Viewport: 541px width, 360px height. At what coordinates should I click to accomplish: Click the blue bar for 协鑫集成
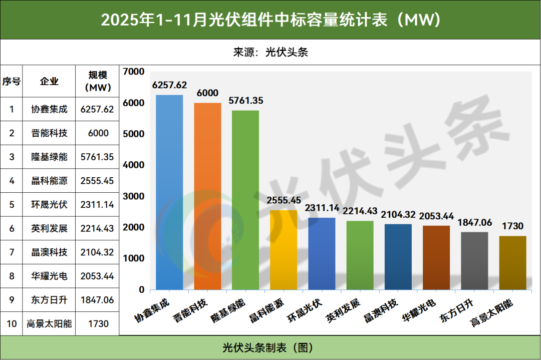169,192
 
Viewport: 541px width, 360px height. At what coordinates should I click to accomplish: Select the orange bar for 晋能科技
207,196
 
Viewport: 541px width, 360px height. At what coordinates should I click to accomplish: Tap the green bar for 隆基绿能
245,200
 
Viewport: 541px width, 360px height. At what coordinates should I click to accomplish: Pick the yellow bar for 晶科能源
284,250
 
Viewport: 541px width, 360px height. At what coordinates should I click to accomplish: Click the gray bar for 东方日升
474,261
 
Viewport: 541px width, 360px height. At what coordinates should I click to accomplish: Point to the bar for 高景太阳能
512,263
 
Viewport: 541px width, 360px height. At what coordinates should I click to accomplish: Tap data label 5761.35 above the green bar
245,101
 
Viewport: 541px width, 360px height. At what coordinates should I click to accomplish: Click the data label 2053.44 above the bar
436,216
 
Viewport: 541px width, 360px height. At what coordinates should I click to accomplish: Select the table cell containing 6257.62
97,109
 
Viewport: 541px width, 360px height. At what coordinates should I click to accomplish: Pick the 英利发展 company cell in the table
49,228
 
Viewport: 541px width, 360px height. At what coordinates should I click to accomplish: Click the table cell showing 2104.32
97,252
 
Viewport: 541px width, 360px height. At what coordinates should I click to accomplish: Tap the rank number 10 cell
12,323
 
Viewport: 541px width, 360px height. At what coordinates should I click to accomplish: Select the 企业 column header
49,81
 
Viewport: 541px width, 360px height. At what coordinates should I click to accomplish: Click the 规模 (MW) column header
97,81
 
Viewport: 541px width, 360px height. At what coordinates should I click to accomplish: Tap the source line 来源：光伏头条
270,52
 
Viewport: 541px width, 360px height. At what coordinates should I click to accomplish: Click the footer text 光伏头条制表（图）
270,347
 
